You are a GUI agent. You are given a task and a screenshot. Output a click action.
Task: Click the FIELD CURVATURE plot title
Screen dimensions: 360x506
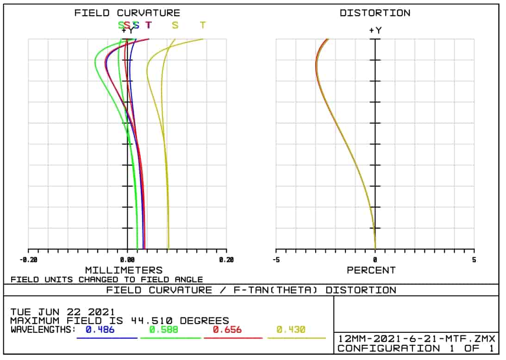pos(127,13)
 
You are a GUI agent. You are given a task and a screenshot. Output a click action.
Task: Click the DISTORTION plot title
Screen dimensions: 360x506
pos(375,13)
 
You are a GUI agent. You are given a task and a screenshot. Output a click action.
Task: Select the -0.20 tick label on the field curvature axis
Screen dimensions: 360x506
pos(28,260)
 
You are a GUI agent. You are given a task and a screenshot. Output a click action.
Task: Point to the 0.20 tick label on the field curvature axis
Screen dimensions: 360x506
pos(226,260)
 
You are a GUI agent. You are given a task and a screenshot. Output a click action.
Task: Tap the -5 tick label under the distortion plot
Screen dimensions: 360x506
pos(275,260)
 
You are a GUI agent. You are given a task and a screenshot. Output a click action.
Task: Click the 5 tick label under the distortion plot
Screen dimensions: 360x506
pos(474,260)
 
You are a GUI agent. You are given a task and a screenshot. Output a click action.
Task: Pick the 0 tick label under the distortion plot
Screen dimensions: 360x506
pos(375,260)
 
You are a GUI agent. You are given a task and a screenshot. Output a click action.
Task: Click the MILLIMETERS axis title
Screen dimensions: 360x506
pos(124,270)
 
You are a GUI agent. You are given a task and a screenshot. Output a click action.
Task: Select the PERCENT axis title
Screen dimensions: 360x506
pos(371,270)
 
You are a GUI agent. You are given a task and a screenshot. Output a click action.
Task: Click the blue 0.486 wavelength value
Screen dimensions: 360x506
pos(100,330)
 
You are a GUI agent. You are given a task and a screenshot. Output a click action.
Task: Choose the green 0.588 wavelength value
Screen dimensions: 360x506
pos(163,330)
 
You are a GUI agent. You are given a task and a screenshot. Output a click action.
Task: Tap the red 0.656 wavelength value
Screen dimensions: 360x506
pos(227,330)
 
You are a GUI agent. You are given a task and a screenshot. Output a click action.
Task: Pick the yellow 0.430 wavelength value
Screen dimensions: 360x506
pos(291,330)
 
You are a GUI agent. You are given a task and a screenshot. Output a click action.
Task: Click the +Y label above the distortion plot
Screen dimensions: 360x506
pos(375,31)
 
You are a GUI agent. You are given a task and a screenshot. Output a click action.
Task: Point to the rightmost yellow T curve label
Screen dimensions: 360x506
pos(202,25)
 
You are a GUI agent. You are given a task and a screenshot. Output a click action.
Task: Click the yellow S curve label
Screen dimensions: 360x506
pos(175,25)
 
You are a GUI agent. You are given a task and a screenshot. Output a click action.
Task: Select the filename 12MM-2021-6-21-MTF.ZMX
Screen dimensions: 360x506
pos(416,338)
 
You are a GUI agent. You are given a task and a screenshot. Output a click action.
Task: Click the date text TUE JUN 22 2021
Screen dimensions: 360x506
pos(62,312)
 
